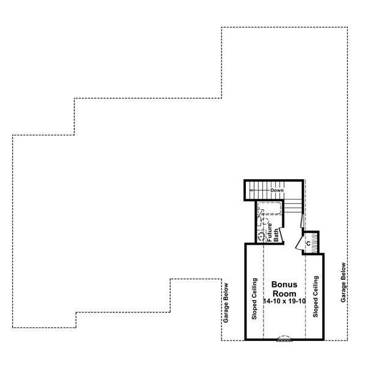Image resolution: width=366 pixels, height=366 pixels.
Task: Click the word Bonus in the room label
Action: pos(284,285)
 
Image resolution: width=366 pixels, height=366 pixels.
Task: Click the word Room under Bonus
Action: pos(284,293)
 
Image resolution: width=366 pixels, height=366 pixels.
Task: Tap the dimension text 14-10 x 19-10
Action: pos(284,301)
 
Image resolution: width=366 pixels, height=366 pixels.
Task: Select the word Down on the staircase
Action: pos(278,190)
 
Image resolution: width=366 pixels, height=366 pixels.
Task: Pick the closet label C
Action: pos(308,243)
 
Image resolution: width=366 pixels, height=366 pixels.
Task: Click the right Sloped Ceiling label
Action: pos(316,297)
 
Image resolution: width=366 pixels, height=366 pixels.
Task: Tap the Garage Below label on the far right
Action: pos(344,282)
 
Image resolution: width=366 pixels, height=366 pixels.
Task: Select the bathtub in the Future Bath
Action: pos(269,209)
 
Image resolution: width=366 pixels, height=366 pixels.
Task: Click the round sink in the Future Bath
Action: pos(260,237)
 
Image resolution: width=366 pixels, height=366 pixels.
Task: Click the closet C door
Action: pos(298,243)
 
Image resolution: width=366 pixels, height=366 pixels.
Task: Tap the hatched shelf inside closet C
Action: pos(312,234)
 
